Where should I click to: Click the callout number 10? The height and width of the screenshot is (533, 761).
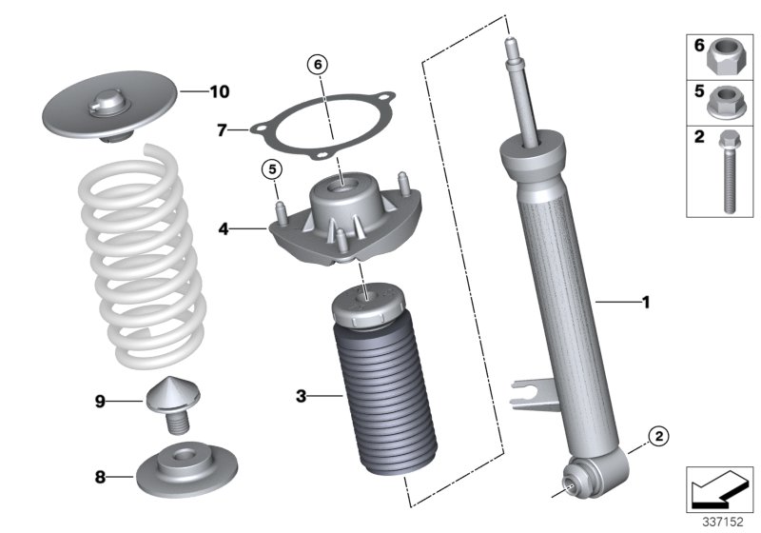click(x=219, y=92)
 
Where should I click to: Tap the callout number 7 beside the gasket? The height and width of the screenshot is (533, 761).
click(x=220, y=129)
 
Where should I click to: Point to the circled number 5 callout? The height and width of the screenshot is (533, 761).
click(x=271, y=169)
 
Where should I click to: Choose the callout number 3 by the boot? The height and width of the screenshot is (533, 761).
click(x=300, y=394)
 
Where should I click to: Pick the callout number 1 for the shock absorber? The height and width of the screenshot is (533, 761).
click(x=645, y=304)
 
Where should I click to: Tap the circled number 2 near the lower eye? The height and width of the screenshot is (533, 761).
click(x=657, y=437)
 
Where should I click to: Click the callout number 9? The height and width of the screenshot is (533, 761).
click(x=99, y=402)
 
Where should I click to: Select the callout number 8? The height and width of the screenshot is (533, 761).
click(x=99, y=473)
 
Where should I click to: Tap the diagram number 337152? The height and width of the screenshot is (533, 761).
click(x=720, y=522)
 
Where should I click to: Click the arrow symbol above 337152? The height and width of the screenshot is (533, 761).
click(x=719, y=487)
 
